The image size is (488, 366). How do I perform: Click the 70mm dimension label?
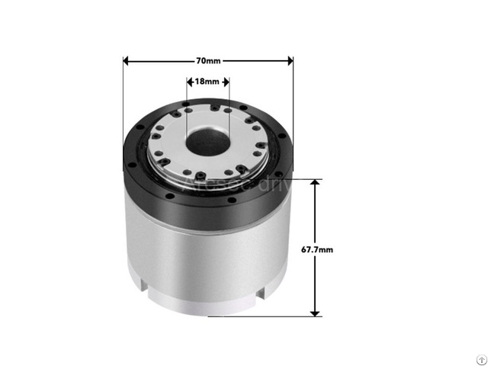[x=207, y=60]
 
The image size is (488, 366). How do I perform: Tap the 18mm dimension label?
[x=207, y=80]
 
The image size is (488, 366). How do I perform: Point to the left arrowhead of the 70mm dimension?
[x=127, y=60]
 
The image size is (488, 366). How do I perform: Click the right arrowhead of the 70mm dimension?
[x=289, y=60]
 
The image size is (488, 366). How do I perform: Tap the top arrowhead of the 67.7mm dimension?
[x=315, y=184]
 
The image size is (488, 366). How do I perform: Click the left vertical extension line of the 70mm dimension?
[x=123, y=99]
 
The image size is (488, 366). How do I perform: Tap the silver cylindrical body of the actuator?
[x=206, y=259]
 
